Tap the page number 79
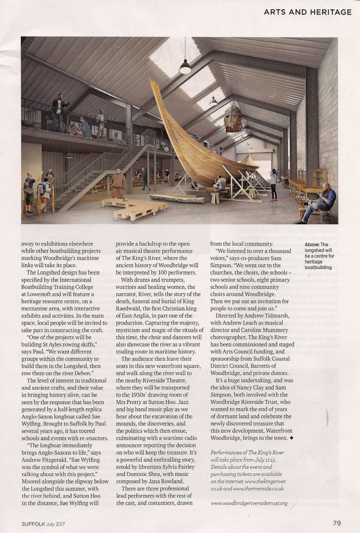click(x=337, y=523)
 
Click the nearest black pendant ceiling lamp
click(x=185, y=67)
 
